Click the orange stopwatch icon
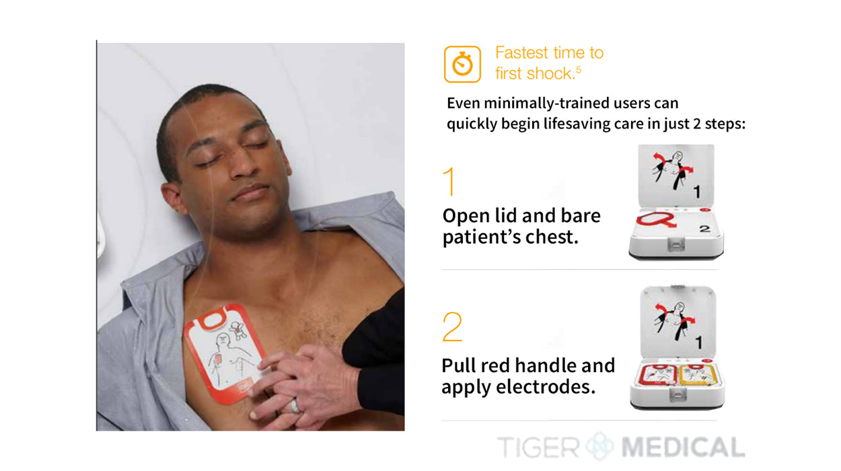(462, 64)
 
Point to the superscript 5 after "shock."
(579, 69)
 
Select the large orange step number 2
(452, 327)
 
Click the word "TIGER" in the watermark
(538, 447)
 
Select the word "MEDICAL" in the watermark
(683, 447)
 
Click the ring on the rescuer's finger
(295, 406)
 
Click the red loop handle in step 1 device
(656, 220)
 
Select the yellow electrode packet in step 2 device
(699, 375)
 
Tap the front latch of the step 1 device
(675, 244)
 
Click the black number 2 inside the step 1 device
(704, 228)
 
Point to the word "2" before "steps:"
(696, 124)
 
